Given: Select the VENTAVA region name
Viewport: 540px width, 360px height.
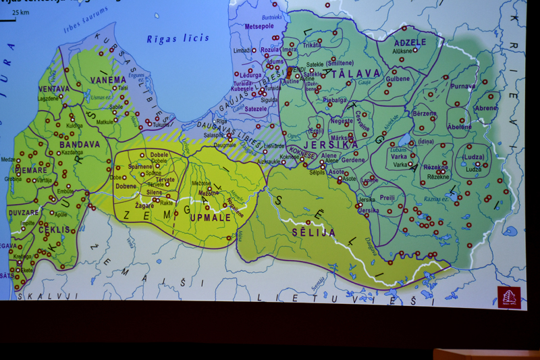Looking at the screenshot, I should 54,88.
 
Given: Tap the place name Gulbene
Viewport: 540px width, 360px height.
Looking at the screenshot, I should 398,79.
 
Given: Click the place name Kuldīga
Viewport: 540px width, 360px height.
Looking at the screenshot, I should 74,126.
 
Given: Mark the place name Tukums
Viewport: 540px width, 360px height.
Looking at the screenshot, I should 161,124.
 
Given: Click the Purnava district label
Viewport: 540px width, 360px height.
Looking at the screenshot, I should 463,86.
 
